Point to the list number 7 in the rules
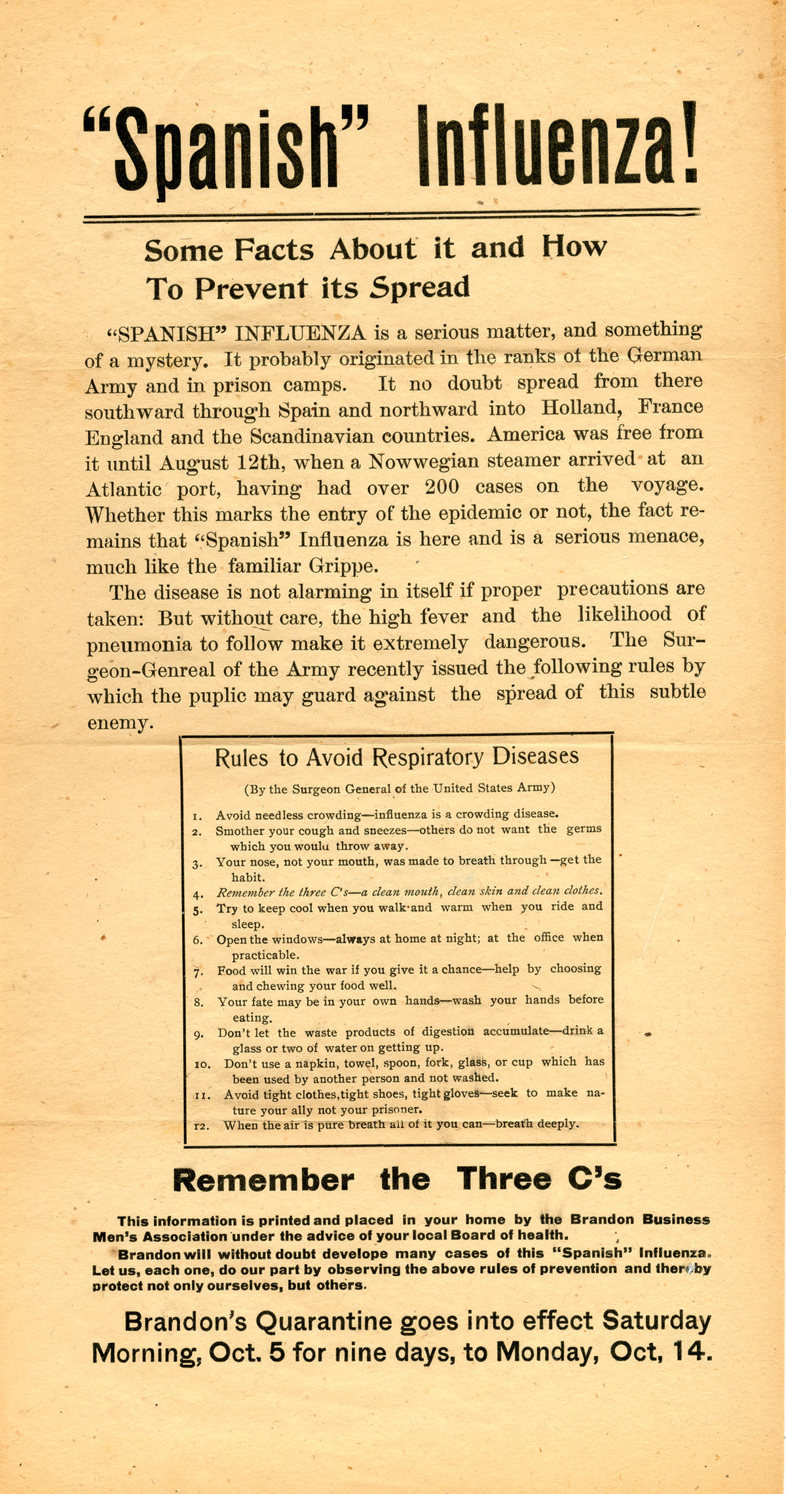(x=198, y=970)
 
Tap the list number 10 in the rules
(x=201, y=1065)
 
